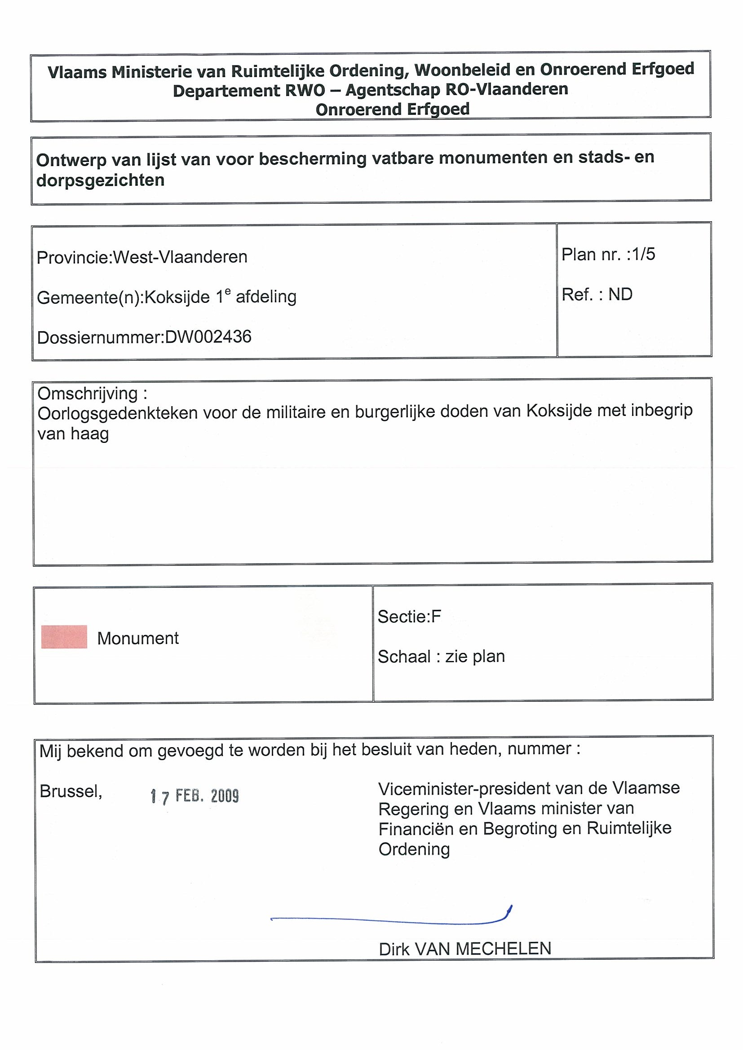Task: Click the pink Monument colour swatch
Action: point(64,637)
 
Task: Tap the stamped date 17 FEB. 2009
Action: point(195,796)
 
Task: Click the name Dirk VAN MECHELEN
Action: point(464,949)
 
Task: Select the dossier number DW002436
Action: point(208,337)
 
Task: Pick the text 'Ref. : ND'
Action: point(597,294)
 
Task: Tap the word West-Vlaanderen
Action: point(180,257)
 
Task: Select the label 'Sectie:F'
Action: point(409,617)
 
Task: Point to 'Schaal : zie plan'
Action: point(441,657)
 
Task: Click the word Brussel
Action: point(71,791)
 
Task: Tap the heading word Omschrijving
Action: point(88,393)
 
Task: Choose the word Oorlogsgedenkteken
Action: point(118,413)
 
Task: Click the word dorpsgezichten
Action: point(100,181)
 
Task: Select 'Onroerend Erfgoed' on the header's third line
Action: point(392,110)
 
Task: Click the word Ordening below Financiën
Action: point(414,849)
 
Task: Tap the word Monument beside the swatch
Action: point(138,639)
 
